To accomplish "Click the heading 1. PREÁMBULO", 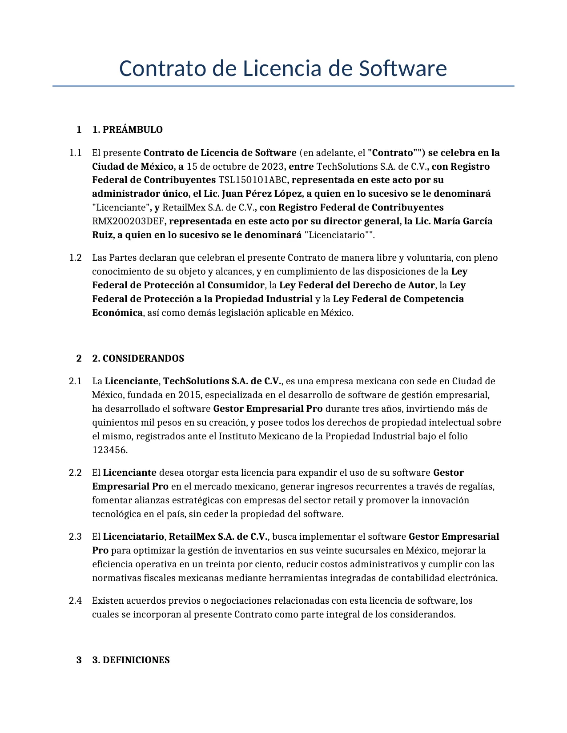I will [x=128, y=130].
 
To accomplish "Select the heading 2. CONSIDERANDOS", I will [x=138, y=359].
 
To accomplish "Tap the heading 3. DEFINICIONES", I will [x=131, y=660].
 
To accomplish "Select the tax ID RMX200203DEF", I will [x=128, y=221].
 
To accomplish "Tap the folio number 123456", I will [x=109, y=450].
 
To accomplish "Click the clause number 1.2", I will [x=75, y=258].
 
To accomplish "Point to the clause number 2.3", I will [x=75, y=537].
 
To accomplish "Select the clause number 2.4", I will [x=75, y=601].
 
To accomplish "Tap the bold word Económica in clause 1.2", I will [x=117, y=313].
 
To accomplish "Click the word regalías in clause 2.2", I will [x=476, y=486].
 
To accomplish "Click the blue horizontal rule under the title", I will [x=283, y=86].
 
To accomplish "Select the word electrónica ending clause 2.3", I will [x=473, y=578].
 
